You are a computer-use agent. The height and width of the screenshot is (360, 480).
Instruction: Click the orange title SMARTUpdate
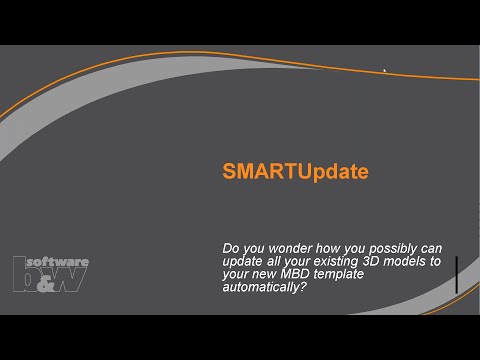[x=295, y=172]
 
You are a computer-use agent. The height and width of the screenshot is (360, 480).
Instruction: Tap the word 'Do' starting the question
[x=230, y=247]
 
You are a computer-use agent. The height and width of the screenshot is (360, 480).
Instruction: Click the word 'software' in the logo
[x=62, y=262]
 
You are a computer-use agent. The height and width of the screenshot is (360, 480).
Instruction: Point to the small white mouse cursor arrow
[x=385, y=70]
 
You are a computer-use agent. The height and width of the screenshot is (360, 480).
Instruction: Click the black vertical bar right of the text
[x=456, y=274]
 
